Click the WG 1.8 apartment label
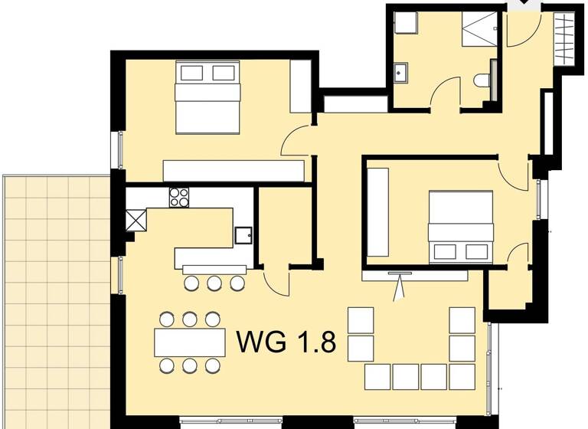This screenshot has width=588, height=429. tap(286, 341)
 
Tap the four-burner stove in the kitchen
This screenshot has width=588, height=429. tap(178, 198)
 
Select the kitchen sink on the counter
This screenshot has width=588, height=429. tap(243, 234)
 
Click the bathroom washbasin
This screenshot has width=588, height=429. tap(400, 74)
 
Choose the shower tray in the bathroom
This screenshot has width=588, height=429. tap(478, 30)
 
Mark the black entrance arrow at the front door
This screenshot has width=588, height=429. tap(524, 5)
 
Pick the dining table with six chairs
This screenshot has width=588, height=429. tap(190, 342)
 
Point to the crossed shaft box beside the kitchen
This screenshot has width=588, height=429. tap(136, 221)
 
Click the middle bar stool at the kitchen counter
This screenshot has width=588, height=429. tap(214, 283)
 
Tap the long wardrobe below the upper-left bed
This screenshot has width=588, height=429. tap(234, 170)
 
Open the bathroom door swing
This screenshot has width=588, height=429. tap(444, 93)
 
